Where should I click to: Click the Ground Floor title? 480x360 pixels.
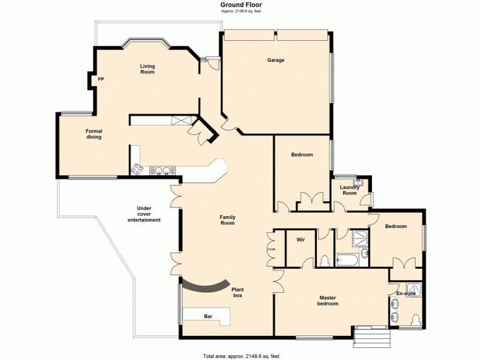pyautogui.click(x=239, y=5)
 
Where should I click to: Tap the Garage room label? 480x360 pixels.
pyautogui.click(x=275, y=60)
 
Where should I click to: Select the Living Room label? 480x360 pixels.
pyautogui.click(x=147, y=69)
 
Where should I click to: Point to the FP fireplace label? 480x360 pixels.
pyautogui.click(x=101, y=79)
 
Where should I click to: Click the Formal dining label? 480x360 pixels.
pyautogui.click(x=94, y=134)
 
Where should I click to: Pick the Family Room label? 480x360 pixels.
pyautogui.click(x=227, y=220)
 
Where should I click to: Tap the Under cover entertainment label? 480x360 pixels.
pyautogui.click(x=144, y=214)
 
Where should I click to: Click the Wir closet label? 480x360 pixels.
pyautogui.click(x=301, y=239)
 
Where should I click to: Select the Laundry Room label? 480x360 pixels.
pyautogui.click(x=349, y=190)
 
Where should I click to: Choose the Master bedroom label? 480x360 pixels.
pyautogui.click(x=328, y=301)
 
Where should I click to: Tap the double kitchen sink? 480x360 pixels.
pyautogui.click(x=160, y=171)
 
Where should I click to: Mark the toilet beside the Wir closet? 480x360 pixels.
pyautogui.click(x=324, y=260)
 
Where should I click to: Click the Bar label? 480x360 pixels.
pyautogui.click(x=208, y=316)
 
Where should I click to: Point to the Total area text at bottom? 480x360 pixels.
pyautogui.click(x=239, y=355)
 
